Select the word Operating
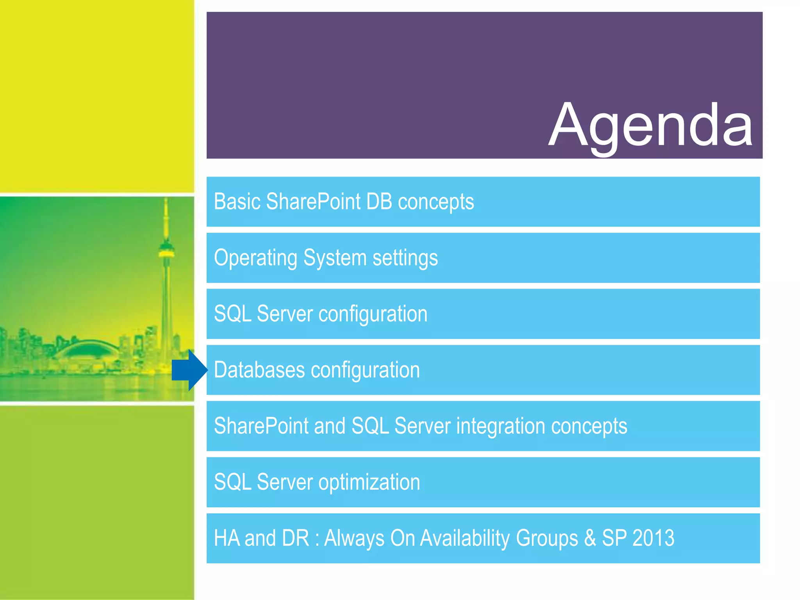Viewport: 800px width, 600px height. [255, 258]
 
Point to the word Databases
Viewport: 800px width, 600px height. [259, 370]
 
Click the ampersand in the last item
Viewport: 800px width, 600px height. [590, 538]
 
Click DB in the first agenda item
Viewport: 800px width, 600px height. [379, 202]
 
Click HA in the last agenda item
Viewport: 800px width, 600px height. [227, 538]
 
